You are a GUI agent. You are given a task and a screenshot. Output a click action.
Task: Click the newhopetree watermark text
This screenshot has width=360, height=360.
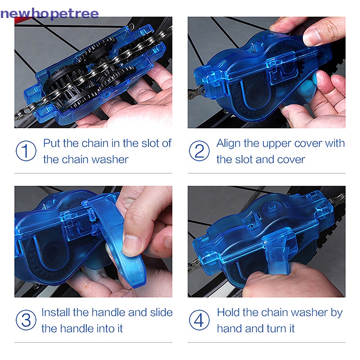pyautogui.click(x=49, y=13)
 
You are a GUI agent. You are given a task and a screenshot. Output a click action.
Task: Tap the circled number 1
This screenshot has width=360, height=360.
pyautogui.click(x=26, y=151)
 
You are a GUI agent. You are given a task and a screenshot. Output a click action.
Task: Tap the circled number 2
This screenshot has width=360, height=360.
pyautogui.click(x=199, y=151)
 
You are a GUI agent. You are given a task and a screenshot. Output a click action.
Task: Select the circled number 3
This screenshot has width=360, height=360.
pyautogui.click(x=26, y=320)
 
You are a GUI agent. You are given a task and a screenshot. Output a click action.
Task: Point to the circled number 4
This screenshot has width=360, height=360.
pyautogui.click(x=199, y=320)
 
